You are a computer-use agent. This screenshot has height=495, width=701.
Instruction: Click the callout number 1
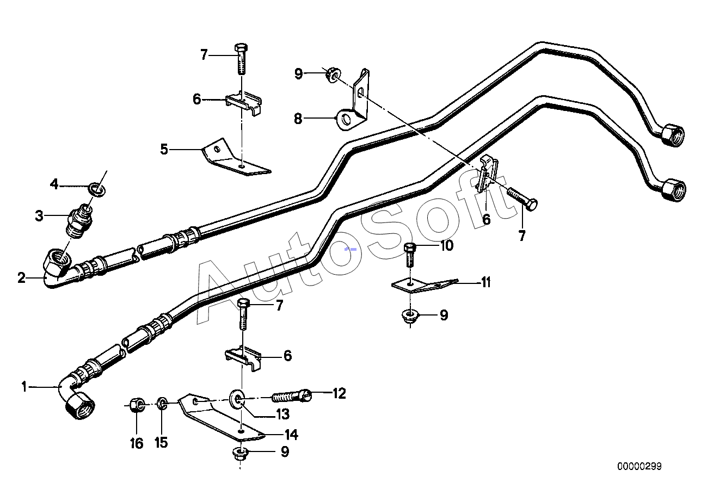click(x=24, y=387)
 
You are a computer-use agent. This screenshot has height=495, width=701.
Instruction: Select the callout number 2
click(x=21, y=278)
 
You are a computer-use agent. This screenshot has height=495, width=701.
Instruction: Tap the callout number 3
click(x=39, y=216)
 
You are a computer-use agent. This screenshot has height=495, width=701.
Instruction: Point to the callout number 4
click(x=54, y=184)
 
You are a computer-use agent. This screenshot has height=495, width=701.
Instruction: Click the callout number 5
click(x=164, y=148)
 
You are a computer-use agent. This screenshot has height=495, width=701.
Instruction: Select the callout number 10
click(x=446, y=246)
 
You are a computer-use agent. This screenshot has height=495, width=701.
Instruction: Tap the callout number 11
click(x=485, y=282)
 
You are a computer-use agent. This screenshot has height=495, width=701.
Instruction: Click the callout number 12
click(x=339, y=393)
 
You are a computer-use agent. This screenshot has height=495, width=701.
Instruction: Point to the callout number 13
click(x=282, y=414)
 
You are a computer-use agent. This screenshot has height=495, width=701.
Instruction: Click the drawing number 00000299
click(x=639, y=466)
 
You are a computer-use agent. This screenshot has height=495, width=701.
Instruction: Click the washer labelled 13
click(x=237, y=399)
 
